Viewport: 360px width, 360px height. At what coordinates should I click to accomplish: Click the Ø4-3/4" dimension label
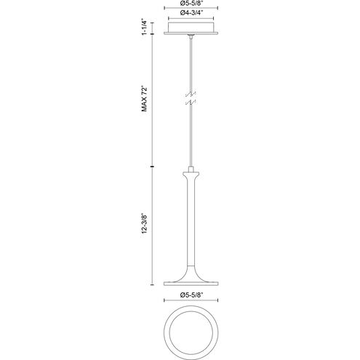tap(191, 13)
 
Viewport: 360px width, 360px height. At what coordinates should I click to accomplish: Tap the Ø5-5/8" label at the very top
tap(191, 4)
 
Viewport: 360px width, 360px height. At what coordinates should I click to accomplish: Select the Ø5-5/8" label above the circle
tap(191, 295)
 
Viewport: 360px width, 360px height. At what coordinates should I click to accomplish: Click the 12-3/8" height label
tap(145, 223)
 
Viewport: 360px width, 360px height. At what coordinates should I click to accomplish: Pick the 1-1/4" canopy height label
tap(145, 26)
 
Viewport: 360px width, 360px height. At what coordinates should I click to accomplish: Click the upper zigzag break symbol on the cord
tap(191, 94)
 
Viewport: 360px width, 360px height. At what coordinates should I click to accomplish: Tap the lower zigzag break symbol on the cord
tap(191, 103)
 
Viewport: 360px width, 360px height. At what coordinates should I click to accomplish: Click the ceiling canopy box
tap(191, 28)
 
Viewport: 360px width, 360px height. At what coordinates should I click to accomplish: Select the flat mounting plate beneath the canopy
tap(191, 33)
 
